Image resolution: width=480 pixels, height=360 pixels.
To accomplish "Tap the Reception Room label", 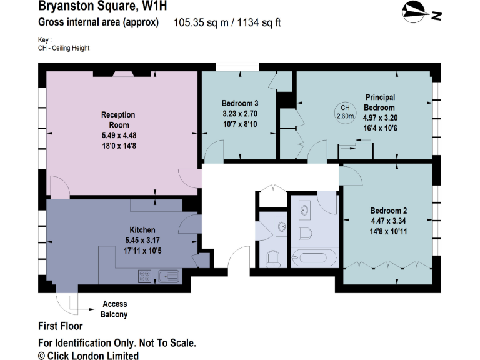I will point(117,120).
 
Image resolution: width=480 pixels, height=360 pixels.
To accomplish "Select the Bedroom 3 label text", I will point(240,103).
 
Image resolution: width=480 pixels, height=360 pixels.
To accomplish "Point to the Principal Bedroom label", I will point(380,102).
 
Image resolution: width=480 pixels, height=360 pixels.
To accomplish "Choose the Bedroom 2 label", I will point(388,211).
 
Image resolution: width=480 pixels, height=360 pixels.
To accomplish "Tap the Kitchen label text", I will point(142,230).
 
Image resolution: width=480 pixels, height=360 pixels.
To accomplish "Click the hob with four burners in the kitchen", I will point(145,275).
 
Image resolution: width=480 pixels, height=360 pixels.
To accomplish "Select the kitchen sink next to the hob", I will point(168,275).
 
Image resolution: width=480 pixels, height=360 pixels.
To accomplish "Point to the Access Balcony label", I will point(114,309).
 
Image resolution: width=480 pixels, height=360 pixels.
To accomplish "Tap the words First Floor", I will point(61,326).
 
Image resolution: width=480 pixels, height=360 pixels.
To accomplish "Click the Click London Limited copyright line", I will point(88,355).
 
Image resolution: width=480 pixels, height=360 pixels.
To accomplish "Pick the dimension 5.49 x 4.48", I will point(117,134).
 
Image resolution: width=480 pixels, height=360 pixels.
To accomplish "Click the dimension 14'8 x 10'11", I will point(388,231).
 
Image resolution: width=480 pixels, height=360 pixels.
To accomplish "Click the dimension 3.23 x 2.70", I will point(240,114).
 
